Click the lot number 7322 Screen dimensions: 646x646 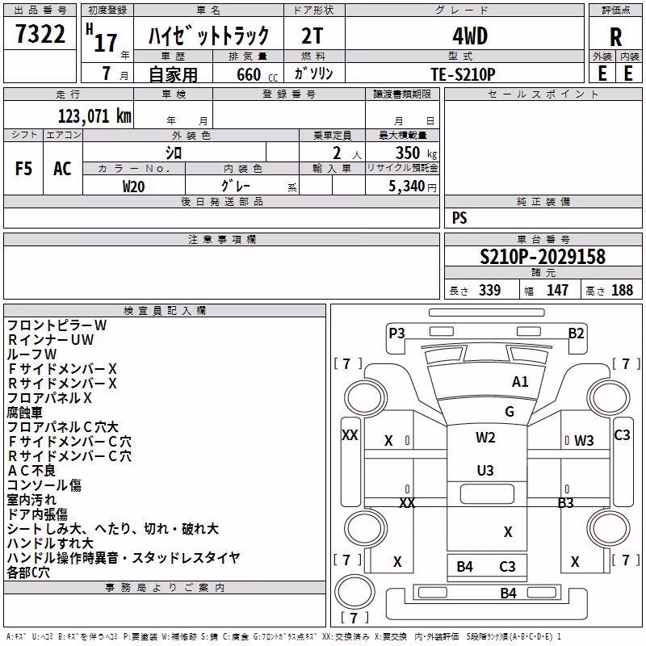coord(40,34)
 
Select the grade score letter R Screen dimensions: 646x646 coord(615,37)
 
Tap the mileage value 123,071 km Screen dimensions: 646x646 coord(94,116)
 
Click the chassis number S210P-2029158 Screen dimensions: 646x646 coord(543,257)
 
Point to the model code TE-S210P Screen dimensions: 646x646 coord(463,74)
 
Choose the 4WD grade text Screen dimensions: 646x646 coord(470,36)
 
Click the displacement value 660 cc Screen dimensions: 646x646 coord(257,74)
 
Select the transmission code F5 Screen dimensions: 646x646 coord(23,169)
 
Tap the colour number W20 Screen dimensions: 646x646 coord(133,187)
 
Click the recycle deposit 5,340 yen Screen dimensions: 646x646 coord(413,187)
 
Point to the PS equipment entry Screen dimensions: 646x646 coord(459,217)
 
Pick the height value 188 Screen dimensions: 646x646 coord(622,290)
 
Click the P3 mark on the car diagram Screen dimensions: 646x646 coord(396,333)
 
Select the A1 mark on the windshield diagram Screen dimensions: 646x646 coord(520,382)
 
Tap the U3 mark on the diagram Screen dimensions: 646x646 coord(485,471)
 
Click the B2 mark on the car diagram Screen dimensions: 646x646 coord(576,333)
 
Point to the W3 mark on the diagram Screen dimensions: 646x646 coord(584,441)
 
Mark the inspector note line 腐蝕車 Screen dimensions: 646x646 coord(25,413)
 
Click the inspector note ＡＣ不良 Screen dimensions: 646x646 coord(31,471)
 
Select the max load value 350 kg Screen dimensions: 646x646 coord(416,153)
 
